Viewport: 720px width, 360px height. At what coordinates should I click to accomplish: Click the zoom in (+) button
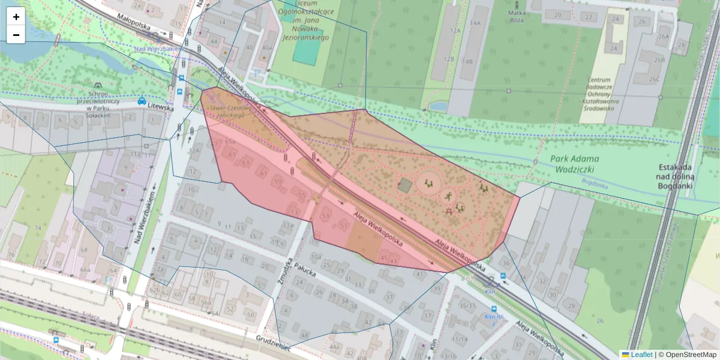pyautogui.click(x=16, y=17)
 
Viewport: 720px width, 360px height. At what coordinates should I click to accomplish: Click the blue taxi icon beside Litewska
pyautogui.click(x=142, y=101)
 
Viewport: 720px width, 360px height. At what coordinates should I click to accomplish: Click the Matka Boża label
pyautogui.click(x=517, y=16)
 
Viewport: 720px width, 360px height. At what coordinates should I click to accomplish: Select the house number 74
pyautogui.click(x=37, y=227)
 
